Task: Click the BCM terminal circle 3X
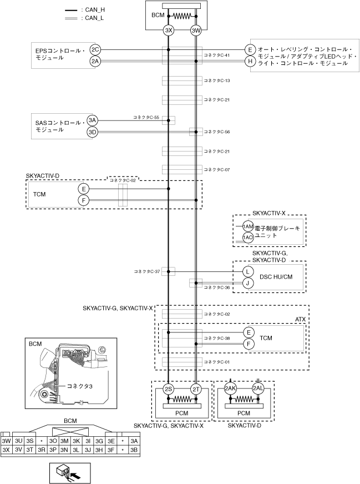click(169, 30)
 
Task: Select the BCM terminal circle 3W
click(196, 30)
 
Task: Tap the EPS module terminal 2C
click(95, 49)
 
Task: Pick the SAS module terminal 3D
click(93, 132)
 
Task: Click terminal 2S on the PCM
click(169, 389)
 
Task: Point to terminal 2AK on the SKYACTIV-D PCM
click(230, 389)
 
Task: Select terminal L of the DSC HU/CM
click(248, 271)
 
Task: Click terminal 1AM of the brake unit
click(248, 226)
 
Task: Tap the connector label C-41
click(216, 56)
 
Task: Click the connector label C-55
click(146, 118)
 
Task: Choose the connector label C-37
click(147, 271)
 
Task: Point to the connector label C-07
click(216, 169)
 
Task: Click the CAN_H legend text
click(95, 10)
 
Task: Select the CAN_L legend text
click(94, 18)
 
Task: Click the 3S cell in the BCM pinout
click(29, 441)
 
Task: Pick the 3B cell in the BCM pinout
click(134, 450)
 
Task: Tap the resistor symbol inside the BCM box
click(182, 16)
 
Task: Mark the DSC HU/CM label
click(276, 277)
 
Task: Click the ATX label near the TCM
click(300, 320)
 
